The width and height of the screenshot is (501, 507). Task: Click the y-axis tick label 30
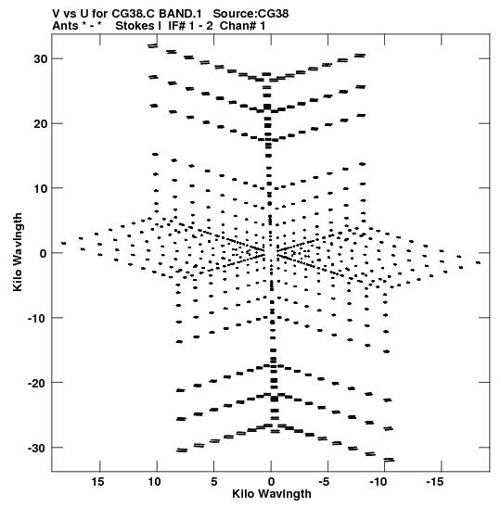click(41, 58)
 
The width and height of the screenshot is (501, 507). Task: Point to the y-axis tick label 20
click(41, 123)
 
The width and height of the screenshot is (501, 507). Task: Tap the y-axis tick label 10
click(41, 188)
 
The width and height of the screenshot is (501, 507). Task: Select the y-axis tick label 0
click(44, 253)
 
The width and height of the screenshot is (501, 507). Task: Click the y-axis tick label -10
click(37, 318)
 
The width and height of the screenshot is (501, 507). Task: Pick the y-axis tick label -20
click(37, 383)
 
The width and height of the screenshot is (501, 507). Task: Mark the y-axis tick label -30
click(37, 448)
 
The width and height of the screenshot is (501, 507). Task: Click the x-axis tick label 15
click(97, 482)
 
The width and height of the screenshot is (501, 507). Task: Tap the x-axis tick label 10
click(154, 482)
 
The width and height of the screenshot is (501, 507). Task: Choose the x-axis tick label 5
click(213, 482)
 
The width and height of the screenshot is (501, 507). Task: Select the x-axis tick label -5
click(324, 482)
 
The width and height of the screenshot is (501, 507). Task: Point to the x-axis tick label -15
click(434, 482)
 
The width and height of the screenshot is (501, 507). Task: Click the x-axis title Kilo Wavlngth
click(272, 494)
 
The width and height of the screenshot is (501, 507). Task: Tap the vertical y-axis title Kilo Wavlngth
click(18, 252)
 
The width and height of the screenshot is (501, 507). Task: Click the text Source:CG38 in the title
click(250, 14)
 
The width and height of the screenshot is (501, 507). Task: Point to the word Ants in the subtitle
click(65, 26)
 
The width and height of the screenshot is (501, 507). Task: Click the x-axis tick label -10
click(378, 482)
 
